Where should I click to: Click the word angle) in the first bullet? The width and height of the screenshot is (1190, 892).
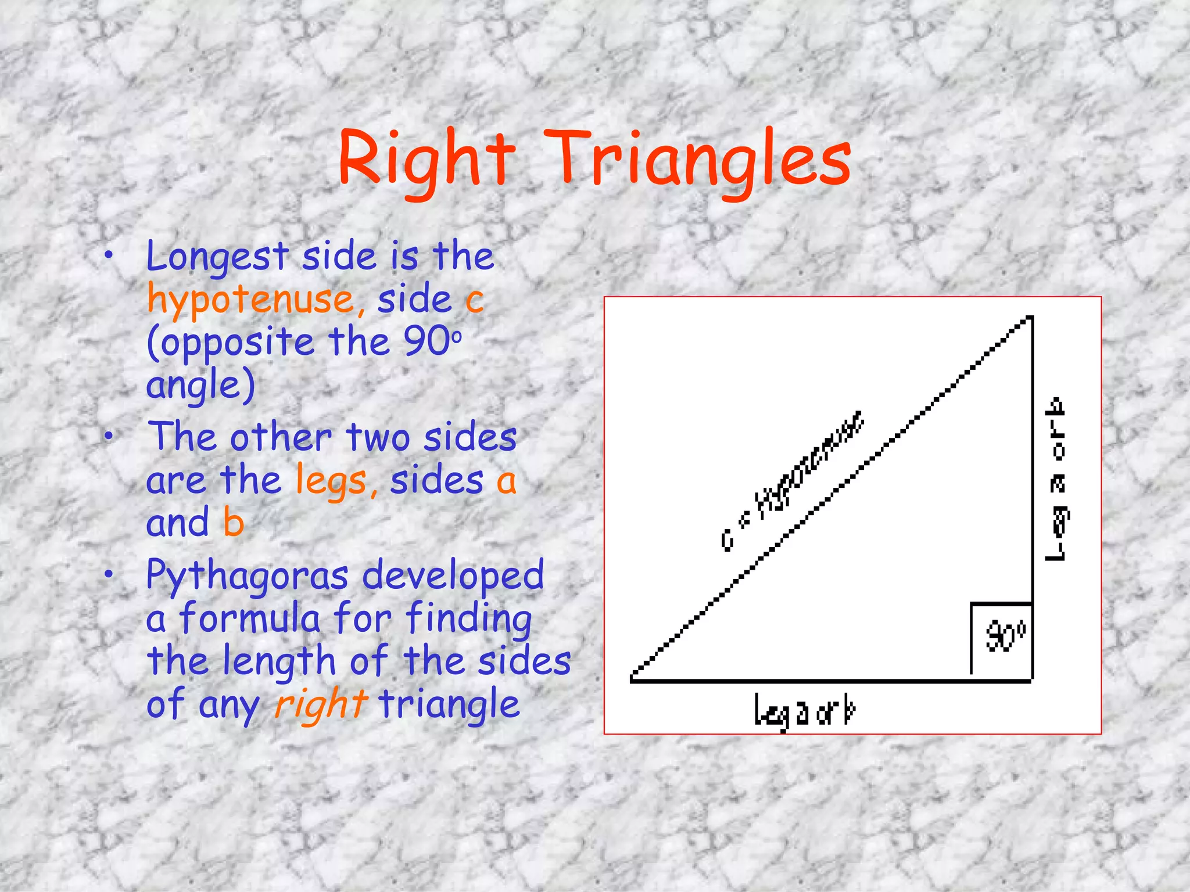pos(200,386)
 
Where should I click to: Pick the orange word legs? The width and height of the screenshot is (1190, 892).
pos(331,481)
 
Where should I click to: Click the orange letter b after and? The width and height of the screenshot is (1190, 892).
pos(233,523)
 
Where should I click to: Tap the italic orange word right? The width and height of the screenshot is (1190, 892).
pos(320,704)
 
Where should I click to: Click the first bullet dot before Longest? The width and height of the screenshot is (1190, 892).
pos(109,256)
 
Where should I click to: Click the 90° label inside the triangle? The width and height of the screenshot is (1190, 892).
pos(1006,637)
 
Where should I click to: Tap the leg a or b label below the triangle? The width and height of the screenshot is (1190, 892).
pos(805,711)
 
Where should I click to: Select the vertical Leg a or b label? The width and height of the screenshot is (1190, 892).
pos(1056,479)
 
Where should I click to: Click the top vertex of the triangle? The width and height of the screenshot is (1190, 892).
pos(1031,318)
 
